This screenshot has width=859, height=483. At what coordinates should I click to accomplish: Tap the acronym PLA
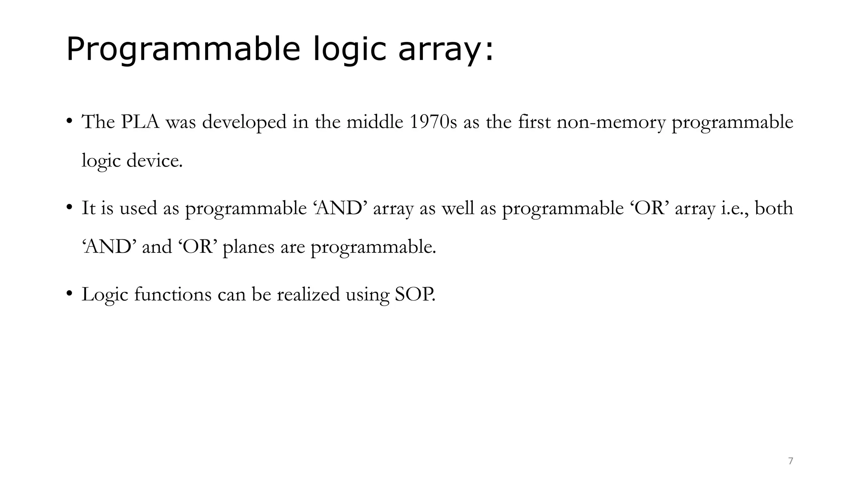coord(141,122)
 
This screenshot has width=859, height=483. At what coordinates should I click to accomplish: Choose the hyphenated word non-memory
coord(611,122)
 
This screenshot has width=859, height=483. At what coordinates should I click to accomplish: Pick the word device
coord(154,161)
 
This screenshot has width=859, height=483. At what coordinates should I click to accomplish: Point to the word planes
coord(248,247)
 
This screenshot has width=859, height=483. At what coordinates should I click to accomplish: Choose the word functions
coord(173,294)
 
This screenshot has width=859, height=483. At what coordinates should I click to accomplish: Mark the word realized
coord(308,294)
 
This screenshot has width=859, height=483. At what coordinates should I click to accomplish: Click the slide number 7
coord(791,461)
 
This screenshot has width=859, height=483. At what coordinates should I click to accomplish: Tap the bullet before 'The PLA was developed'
coord(69,122)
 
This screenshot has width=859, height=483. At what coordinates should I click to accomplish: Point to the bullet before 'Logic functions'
coord(69,293)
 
